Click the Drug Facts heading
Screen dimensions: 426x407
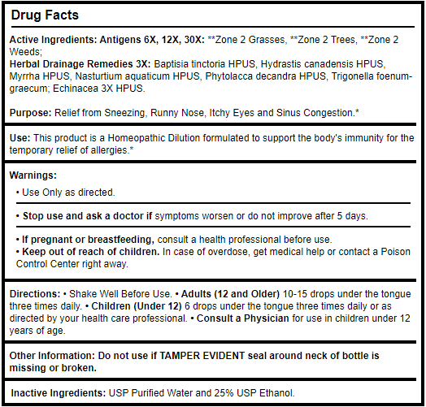[x=46, y=15]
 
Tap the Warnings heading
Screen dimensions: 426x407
[x=33, y=175]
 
